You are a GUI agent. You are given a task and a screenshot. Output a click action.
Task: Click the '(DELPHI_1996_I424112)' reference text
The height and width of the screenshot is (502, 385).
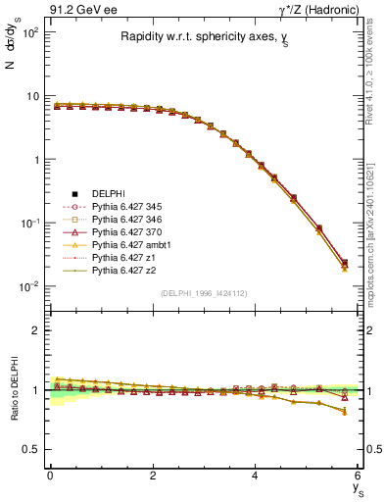coord(203,292)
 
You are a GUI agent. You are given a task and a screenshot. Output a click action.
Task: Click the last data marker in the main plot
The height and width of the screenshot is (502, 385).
coord(343,263)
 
